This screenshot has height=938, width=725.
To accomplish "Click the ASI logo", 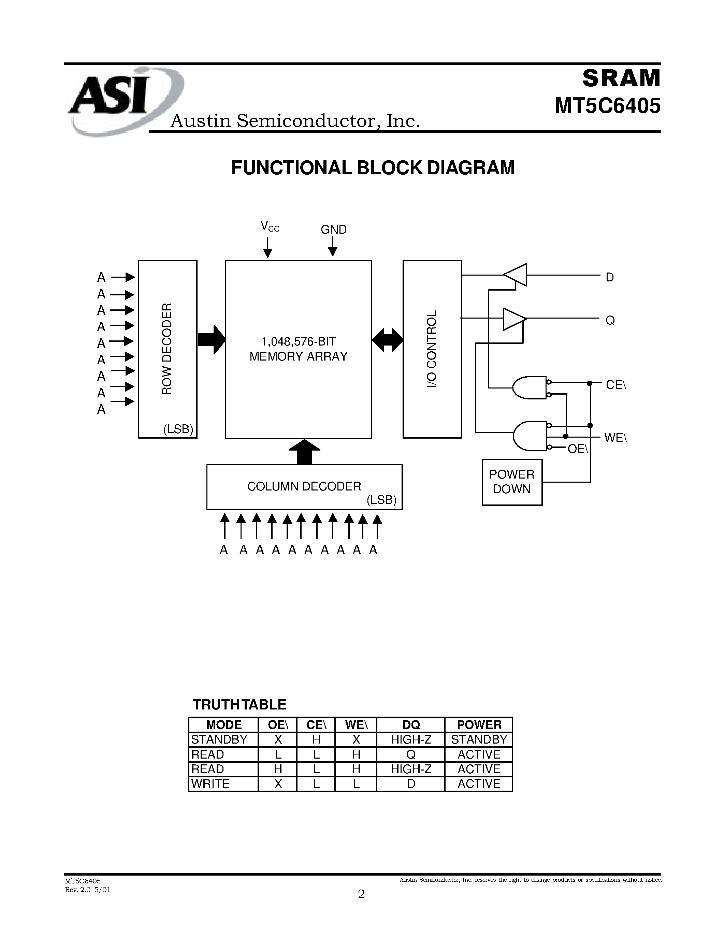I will (116, 101).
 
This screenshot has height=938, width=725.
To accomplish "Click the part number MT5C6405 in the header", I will (607, 106).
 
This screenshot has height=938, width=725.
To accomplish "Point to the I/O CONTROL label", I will (431, 349).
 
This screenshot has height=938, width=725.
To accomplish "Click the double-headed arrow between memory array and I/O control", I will (388, 340).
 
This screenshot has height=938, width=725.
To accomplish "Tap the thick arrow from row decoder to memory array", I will (211, 340).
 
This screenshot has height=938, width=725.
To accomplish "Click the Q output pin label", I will (610, 320).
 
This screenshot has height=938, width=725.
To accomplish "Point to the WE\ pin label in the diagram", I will (615, 438).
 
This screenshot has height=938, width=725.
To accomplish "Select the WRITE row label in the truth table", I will (211, 784).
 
